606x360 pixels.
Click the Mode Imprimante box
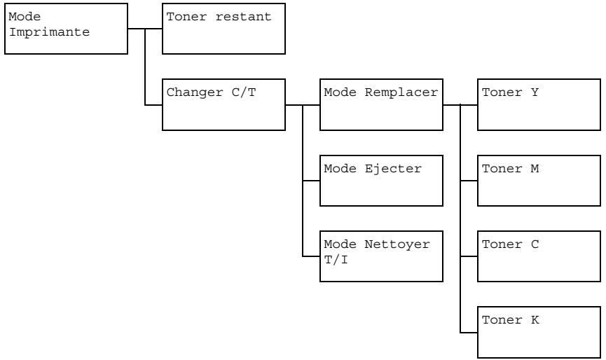click(66, 29)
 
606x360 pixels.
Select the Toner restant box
click(223, 29)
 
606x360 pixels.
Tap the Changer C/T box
click(223, 105)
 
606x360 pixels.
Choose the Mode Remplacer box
click(381, 105)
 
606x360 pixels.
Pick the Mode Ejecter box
click(381, 181)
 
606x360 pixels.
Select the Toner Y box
click(539, 105)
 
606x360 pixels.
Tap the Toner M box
click(539, 181)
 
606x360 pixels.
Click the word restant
click(248, 18)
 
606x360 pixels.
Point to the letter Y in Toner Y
click(535, 93)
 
